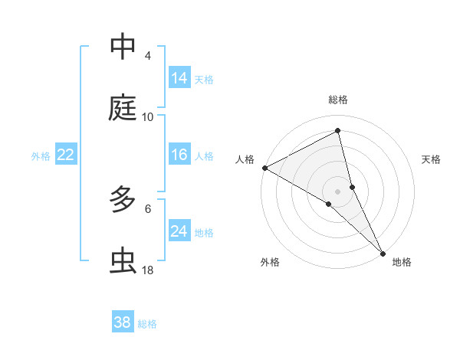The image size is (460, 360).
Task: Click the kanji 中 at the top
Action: (x=123, y=47)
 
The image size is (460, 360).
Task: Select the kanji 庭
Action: (x=123, y=108)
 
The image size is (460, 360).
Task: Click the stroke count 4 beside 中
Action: (x=148, y=56)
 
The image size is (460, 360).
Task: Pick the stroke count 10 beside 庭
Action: (x=148, y=117)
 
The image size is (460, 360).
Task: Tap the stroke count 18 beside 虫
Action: (x=148, y=270)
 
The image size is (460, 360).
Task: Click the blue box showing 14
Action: (x=179, y=78)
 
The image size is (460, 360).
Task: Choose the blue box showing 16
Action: (x=179, y=155)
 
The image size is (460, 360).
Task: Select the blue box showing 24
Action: (x=179, y=231)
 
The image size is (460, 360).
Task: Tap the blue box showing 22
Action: (x=66, y=155)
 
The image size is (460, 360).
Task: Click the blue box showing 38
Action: (x=123, y=322)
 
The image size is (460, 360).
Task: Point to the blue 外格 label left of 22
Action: (x=41, y=156)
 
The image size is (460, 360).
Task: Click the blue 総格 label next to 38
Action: (x=147, y=324)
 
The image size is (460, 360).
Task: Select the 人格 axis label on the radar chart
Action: (x=245, y=159)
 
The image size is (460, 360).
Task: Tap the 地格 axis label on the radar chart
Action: (x=402, y=262)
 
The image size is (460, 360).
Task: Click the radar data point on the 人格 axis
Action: (x=264, y=168)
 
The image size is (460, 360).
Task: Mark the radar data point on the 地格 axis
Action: (x=383, y=252)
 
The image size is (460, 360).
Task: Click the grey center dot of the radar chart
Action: (x=337, y=191)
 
